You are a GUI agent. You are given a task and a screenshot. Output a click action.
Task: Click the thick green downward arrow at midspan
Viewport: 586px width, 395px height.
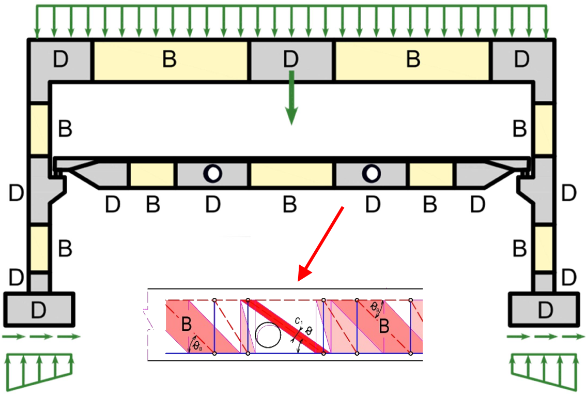click(x=292, y=98)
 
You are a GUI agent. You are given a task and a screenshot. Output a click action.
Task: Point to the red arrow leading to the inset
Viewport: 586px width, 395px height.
click(x=323, y=241)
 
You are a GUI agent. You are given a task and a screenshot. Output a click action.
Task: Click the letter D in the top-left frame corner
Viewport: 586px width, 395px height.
click(x=60, y=60)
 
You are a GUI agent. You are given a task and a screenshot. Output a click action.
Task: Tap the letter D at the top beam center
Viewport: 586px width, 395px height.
click(x=291, y=60)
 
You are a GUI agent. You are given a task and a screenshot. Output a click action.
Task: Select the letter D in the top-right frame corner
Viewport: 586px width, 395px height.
click(x=521, y=60)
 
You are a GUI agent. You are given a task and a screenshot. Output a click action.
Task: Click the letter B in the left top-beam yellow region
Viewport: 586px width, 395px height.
click(x=169, y=60)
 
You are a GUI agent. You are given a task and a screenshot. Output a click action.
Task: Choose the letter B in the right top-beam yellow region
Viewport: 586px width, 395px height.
click(x=413, y=60)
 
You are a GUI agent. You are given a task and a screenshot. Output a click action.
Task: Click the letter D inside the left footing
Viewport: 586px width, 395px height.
click(x=39, y=310)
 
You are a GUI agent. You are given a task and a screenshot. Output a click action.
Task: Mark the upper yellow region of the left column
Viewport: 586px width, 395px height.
click(x=39, y=129)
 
